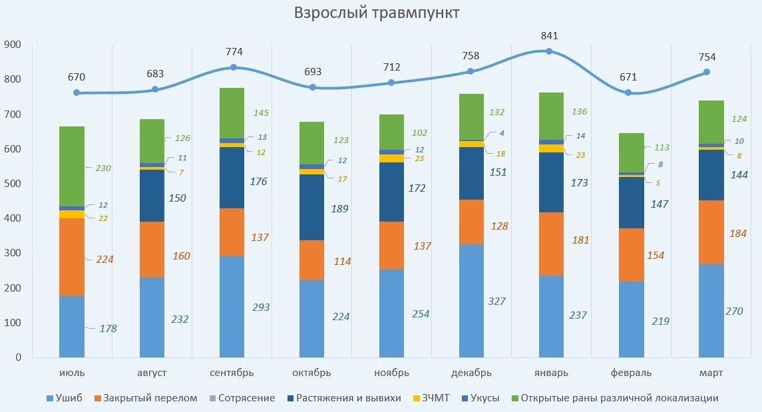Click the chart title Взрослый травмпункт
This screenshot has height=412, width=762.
tap(377, 13)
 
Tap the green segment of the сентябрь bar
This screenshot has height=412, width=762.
tap(232, 112)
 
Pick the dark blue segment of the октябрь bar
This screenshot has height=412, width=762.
tap(311, 207)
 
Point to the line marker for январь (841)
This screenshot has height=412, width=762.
tap(550, 51)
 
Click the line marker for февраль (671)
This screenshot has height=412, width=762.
tap(630, 93)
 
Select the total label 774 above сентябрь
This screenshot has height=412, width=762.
tap(234, 51)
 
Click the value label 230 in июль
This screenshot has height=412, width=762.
tap(103, 168)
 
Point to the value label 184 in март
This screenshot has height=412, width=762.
tap(737, 234)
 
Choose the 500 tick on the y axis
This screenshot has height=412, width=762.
tap(13, 184)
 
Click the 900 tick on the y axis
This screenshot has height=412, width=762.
tap(13, 45)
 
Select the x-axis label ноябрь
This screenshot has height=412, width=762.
tap(391, 373)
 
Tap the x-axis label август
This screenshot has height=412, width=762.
tap(152, 373)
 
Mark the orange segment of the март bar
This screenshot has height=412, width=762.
tap(711, 232)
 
